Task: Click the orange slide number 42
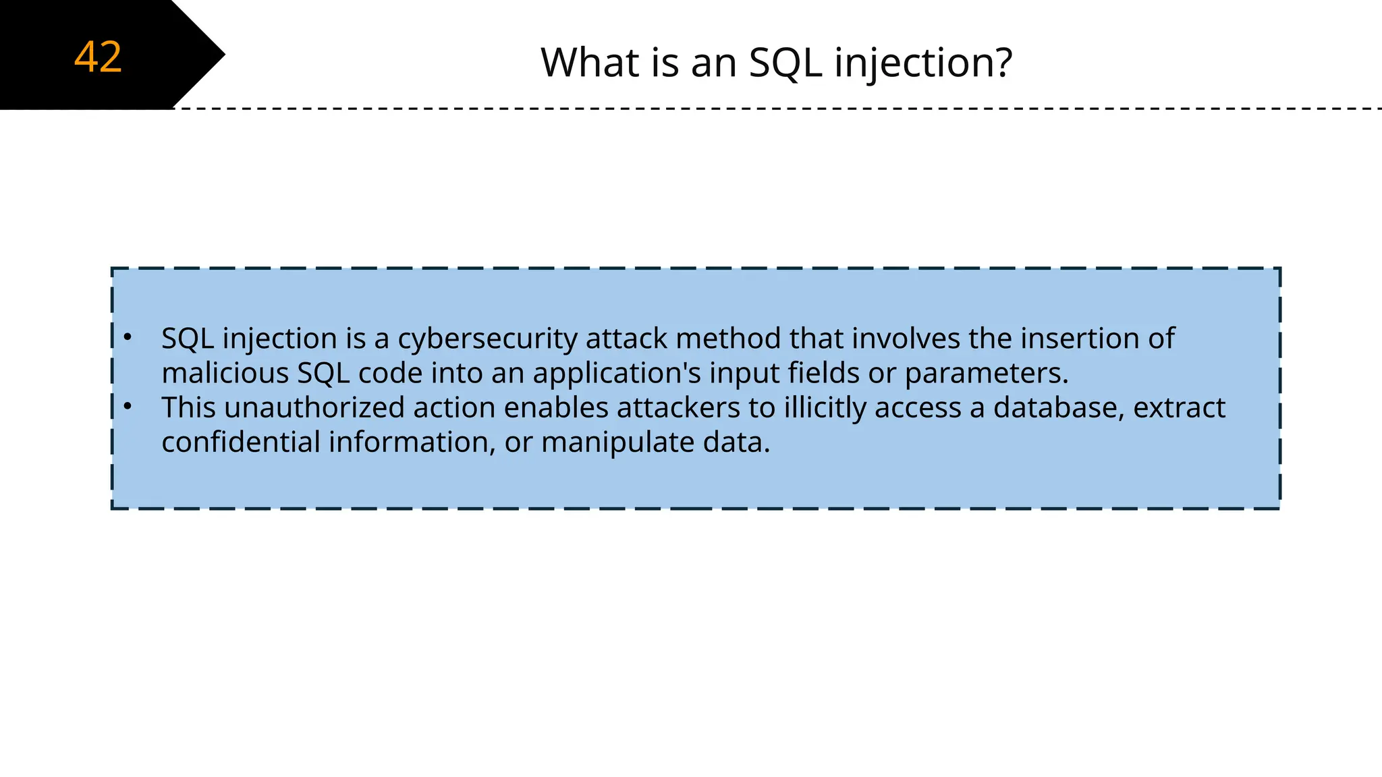tap(98, 57)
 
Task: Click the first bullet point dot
tap(128, 337)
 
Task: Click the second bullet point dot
tap(128, 406)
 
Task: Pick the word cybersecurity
tap(487, 339)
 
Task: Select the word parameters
tap(986, 373)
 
